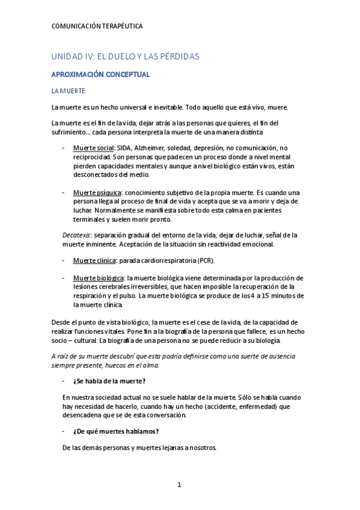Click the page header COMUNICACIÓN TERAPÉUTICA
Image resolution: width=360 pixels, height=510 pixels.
[97, 26]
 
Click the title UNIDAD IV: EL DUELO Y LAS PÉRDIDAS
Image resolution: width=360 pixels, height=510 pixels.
[124, 57]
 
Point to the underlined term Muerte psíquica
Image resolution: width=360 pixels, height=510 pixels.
[95, 192]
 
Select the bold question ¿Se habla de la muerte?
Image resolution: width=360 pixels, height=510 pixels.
[109, 382]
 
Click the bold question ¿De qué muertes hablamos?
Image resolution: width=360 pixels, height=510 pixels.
[115, 431]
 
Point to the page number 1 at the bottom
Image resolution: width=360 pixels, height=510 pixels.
[179, 485]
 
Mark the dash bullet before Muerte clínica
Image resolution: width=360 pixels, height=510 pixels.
[64, 260]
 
